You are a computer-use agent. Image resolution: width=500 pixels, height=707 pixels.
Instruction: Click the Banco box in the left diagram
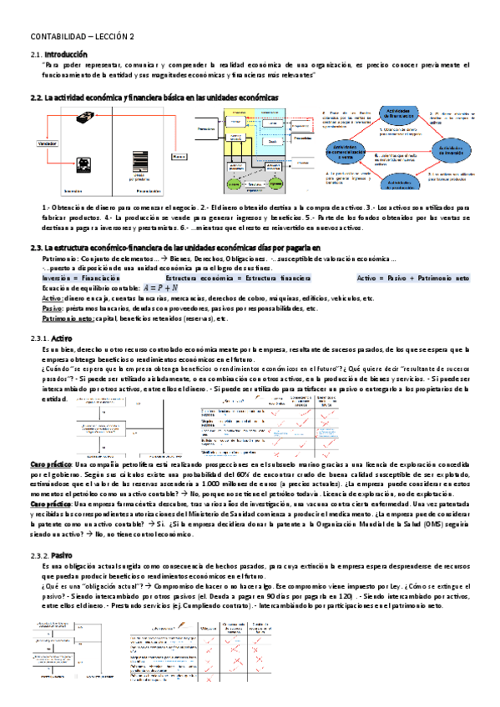click(179, 156)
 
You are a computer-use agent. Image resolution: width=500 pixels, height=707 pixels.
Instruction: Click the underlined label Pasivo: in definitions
click(53, 308)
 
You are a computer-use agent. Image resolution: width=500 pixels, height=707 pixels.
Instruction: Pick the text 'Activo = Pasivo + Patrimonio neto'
click(413, 278)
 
